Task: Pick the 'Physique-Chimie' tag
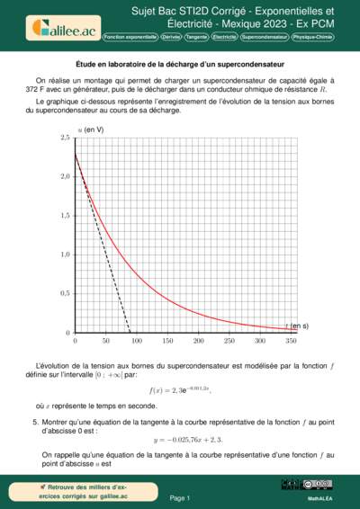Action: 311,38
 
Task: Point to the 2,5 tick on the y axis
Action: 65,138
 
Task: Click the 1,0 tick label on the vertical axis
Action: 65,254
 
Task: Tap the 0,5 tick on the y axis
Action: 65,293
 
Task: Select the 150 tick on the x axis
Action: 166,341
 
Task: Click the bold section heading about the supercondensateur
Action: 180,65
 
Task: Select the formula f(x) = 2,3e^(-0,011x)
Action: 180,390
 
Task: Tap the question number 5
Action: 35,421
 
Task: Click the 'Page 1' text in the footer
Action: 180,497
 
